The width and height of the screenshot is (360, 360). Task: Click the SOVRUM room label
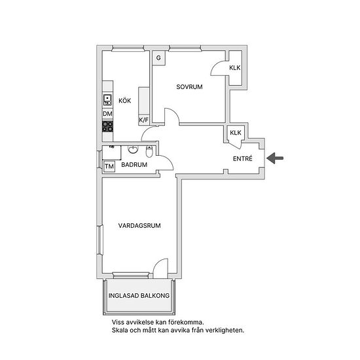[x=189, y=87]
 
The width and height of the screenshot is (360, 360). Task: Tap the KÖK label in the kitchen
[x=124, y=101]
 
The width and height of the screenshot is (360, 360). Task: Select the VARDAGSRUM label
[x=139, y=225]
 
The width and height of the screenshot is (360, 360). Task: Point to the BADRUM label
[x=134, y=164]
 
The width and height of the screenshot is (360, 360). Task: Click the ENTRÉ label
[x=242, y=158]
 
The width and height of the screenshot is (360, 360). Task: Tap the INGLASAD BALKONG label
[x=139, y=295]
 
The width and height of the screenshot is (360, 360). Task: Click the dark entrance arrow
[x=275, y=158]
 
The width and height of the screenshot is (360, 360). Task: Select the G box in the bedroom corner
[x=158, y=58]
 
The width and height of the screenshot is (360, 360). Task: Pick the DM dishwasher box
[x=108, y=114]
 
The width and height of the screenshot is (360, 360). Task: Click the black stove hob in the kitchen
[x=108, y=126]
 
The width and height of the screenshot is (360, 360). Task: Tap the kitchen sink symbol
[x=107, y=100]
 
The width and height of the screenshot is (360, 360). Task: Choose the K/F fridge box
[x=144, y=120]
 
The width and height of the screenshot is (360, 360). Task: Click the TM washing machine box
[x=109, y=166]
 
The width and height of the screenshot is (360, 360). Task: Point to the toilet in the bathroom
[x=149, y=151]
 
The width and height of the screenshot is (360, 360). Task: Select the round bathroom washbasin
[x=133, y=150]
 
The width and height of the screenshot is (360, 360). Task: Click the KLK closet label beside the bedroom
[x=235, y=67]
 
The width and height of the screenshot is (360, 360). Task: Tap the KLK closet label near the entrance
[x=236, y=132]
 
